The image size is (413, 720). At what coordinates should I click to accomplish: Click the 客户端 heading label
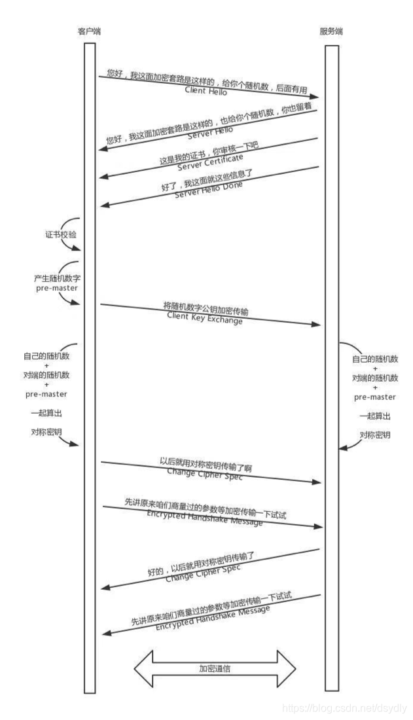(89, 31)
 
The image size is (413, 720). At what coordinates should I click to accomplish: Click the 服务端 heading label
(331, 31)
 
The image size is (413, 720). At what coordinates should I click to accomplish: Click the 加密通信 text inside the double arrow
(215, 668)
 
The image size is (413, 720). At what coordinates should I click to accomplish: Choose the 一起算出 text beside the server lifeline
(374, 416)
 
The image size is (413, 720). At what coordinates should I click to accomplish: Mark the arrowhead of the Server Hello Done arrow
(103, 206)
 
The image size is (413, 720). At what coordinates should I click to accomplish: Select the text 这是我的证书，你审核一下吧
(209, 151)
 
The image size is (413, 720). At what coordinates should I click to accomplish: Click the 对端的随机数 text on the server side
(374, 378)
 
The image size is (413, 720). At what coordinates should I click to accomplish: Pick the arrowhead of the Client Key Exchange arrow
(319, 325)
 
